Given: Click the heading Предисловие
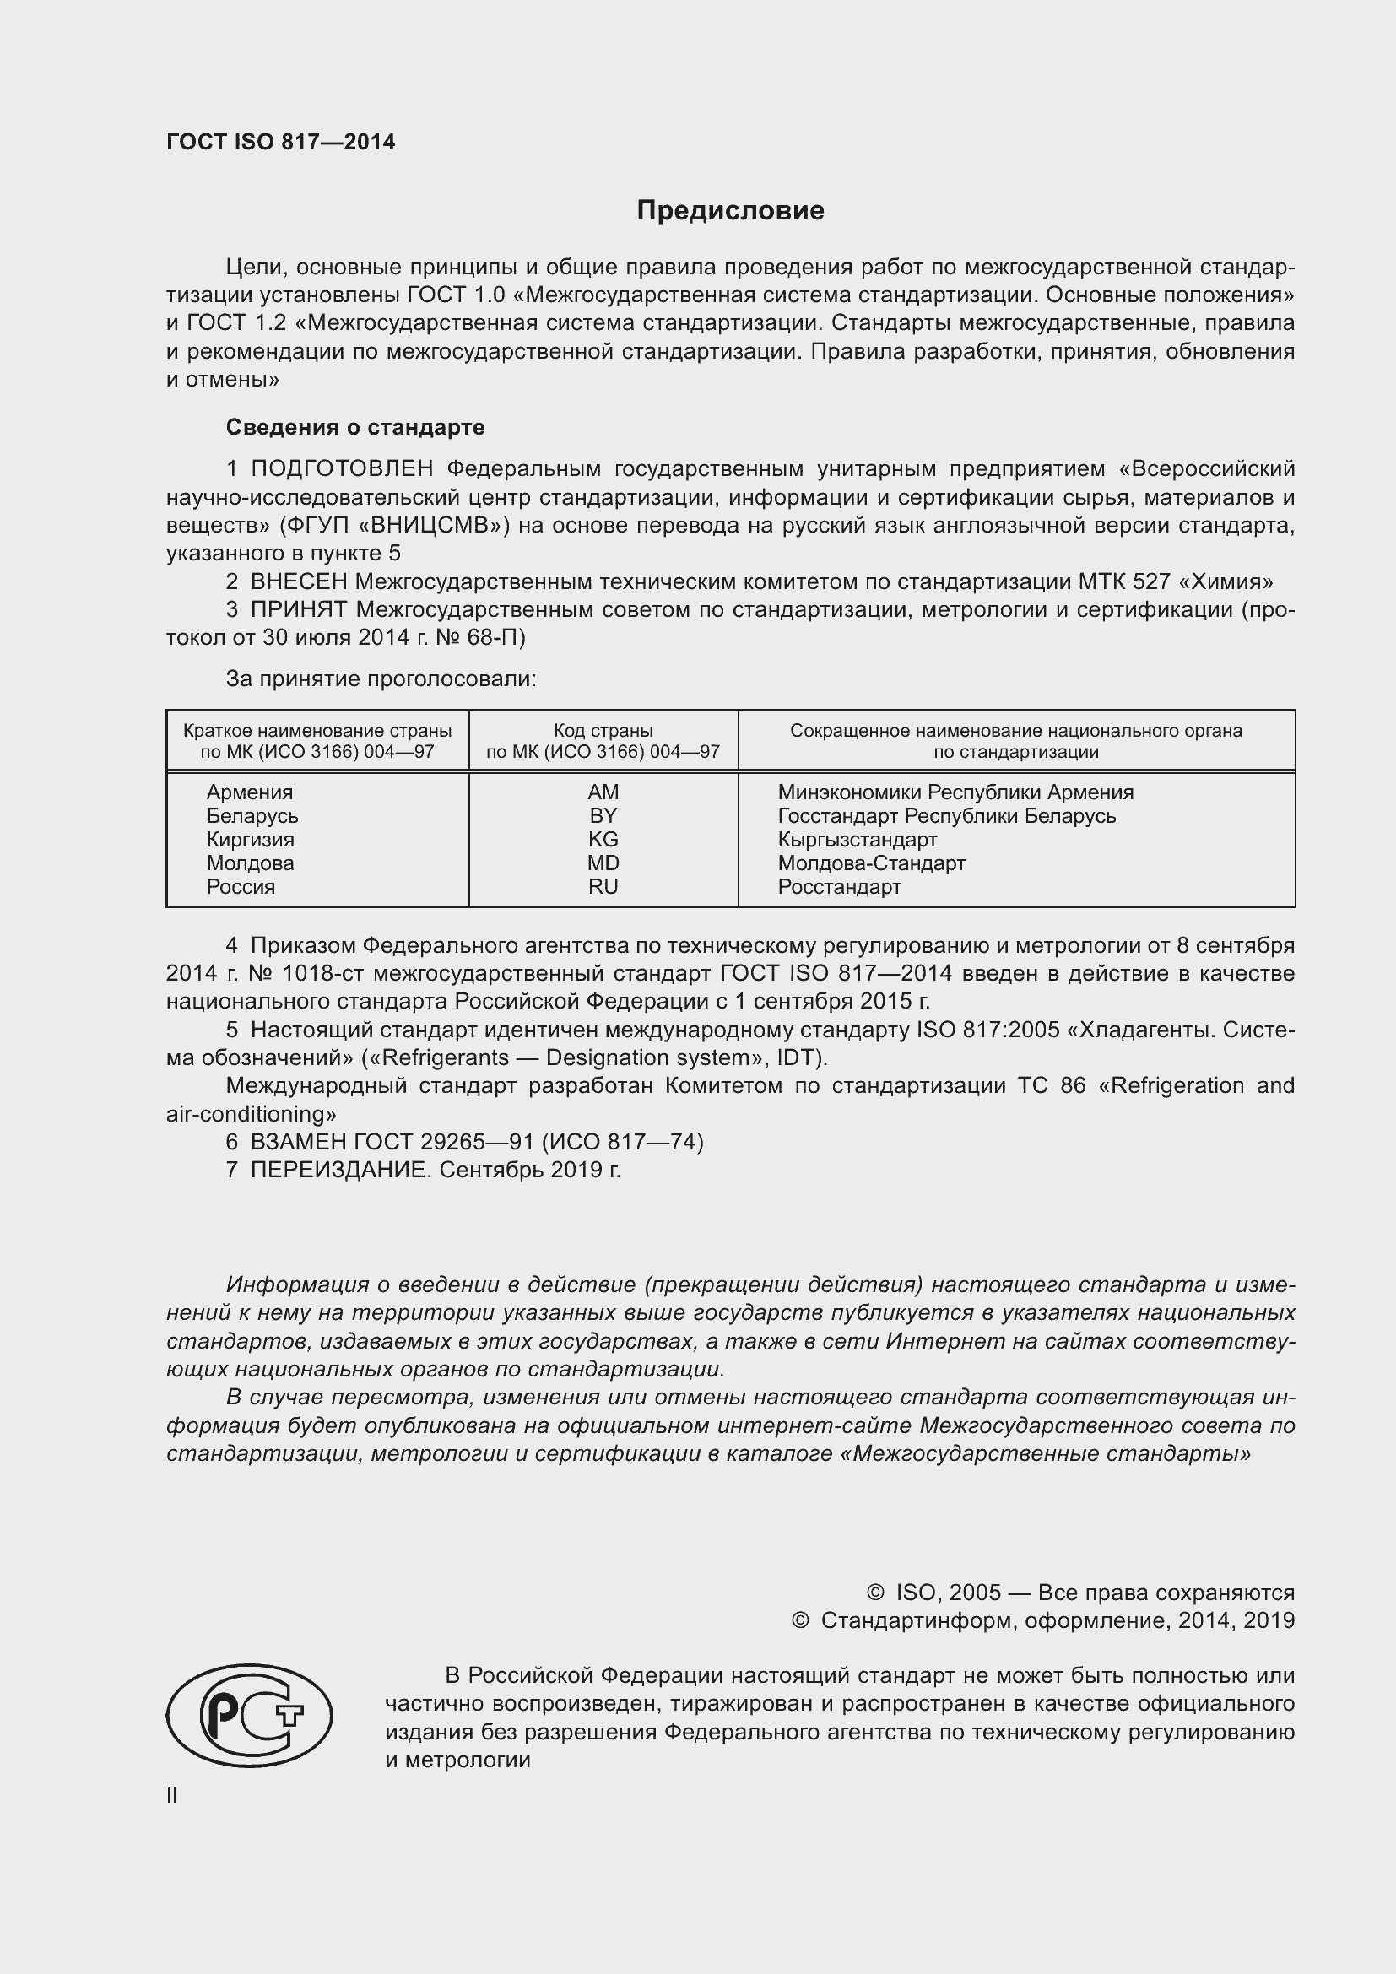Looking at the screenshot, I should click(730, 211).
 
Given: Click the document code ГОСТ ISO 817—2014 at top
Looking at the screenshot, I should click(280, 143).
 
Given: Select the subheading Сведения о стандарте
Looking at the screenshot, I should click(355, 427).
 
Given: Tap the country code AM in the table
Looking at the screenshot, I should click(603, 792).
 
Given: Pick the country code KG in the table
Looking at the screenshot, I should click(603, 839).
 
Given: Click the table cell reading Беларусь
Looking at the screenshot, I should click(252, 816).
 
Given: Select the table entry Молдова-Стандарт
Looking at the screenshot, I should click(871, 863).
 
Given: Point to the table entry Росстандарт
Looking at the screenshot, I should click(839, 887).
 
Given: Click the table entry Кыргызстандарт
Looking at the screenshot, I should click(857, 839).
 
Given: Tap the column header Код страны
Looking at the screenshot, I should click(603, 731).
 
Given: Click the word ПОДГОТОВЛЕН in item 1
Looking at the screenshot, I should click(342, 469).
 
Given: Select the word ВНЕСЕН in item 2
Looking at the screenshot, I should click(298, 582).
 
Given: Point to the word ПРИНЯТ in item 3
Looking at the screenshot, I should click(298, 610).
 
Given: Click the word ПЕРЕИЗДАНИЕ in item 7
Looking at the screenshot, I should click(338, 1170).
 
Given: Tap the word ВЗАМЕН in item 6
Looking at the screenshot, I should click(297, 1142).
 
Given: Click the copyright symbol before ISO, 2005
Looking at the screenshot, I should click(875, 1593).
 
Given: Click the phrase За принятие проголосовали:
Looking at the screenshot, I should click(381, 679).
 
